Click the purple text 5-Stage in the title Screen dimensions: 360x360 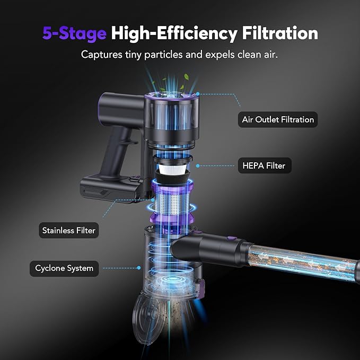(75, 33)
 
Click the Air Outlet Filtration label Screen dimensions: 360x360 (278, 119)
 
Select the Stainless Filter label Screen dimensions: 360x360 (69, 231)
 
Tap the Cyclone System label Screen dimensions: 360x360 (64, 268)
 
